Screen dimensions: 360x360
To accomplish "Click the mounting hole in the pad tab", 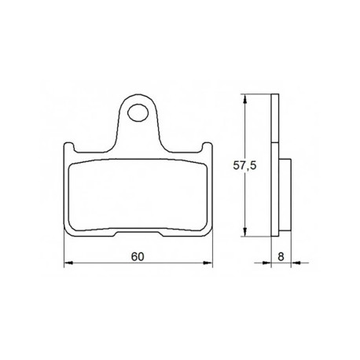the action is point(138,113).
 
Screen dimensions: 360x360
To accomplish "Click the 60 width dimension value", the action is point(138,256).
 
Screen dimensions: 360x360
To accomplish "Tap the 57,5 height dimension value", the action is point(244,166).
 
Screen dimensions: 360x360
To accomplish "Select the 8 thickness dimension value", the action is point(281,256).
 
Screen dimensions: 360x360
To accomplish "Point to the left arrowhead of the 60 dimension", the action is point(68,263).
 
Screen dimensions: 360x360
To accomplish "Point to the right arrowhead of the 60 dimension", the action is point(208,263).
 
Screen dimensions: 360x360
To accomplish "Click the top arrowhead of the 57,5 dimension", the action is point(244,99).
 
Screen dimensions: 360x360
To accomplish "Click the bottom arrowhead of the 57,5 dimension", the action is point(244,232).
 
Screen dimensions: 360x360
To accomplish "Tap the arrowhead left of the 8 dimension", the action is point(266,263).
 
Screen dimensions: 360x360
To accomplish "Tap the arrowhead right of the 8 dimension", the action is point(296,263).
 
